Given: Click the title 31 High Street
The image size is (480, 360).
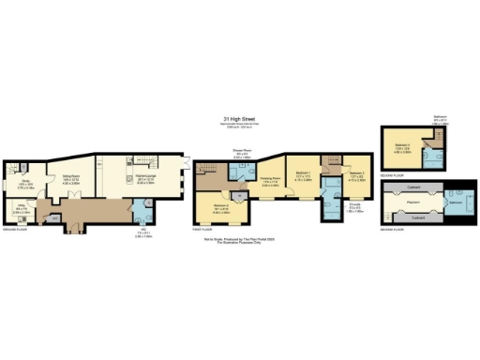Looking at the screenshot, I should (x=240, y=119).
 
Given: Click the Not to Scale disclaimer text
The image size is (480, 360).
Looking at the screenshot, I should (x=240, y=241).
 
